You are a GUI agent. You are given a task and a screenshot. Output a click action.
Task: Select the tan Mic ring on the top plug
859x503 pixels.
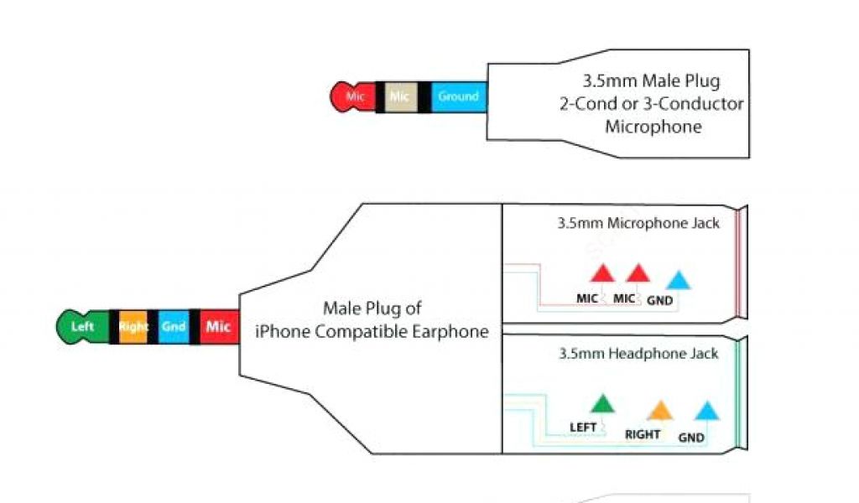[398, 96]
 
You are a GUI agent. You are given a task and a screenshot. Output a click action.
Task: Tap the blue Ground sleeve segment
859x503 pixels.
[458, 96]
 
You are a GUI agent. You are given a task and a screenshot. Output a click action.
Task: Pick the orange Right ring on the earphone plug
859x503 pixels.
[133, 326]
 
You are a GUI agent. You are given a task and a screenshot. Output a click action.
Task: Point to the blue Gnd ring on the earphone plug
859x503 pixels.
[174, 326]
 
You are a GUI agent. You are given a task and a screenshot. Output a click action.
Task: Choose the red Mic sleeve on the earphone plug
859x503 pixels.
[218, 326]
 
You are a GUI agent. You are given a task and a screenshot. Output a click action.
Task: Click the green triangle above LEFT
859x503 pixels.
[601, 404]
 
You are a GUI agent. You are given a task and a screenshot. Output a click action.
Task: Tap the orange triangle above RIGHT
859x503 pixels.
[660, 410]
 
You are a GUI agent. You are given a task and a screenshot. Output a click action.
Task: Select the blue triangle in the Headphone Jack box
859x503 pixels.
[708, 411]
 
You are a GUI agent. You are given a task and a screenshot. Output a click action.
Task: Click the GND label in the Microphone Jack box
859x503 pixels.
[659, 299]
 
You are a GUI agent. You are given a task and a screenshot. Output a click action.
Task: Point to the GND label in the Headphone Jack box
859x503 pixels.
[691, 437]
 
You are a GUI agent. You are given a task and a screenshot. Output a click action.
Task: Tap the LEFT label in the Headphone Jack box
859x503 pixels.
[582, 428]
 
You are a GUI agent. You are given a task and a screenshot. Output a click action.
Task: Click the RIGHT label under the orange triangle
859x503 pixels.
[643, 434]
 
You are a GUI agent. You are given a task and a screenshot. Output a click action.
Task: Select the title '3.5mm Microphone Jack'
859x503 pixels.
[638, 224]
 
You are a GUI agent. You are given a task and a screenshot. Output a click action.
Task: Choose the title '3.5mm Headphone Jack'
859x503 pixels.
[638, 354]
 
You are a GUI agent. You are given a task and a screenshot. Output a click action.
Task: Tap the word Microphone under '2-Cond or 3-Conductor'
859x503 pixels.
[653, 127]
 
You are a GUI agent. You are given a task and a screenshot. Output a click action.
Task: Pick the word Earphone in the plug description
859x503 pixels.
[450, 331]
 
